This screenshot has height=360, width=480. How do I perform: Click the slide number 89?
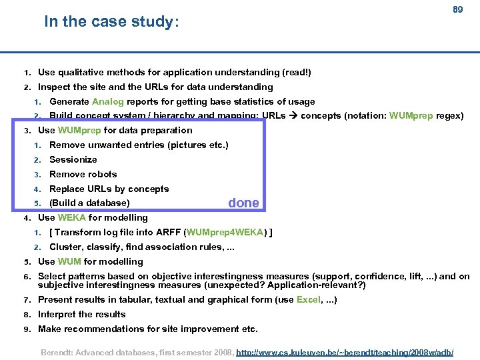(x=457, y=10)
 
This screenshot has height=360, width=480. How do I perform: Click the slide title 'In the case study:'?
(x=111, y=22)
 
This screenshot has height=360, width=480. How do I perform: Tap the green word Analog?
(x=107, y=101)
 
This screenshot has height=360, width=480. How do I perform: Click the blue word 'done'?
(x=243, y=203)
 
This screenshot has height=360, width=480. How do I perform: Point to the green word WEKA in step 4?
(x=72, y=217)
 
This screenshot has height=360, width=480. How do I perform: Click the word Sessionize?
(x=73, y=159)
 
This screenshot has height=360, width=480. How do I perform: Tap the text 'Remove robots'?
(x=83, y=174)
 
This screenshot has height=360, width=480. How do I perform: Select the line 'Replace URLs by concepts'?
(x=109, y=189)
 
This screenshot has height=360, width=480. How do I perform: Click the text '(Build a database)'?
(x=89, y=203)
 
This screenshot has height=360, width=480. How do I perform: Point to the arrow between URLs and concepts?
(x=292, y=116)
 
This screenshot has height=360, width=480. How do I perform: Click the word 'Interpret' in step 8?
(x=56, y=314)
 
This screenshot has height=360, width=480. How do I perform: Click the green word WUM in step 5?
(x=69, y=261)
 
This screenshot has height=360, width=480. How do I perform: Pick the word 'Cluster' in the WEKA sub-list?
(x=65, y=247)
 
